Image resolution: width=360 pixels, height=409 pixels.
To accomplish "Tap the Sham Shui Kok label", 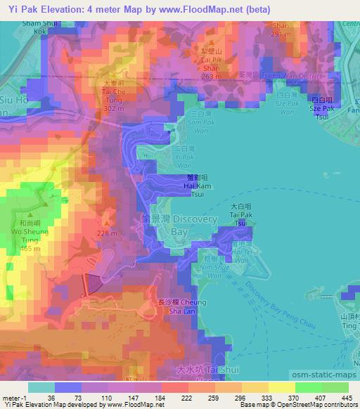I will pyautogui.click(x=25, y=28).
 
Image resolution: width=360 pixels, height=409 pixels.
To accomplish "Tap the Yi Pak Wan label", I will pyautogui.click(x=182, y=158).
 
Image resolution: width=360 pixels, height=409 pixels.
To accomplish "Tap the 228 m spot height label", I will pyautogui.click(x=106, y=235).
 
